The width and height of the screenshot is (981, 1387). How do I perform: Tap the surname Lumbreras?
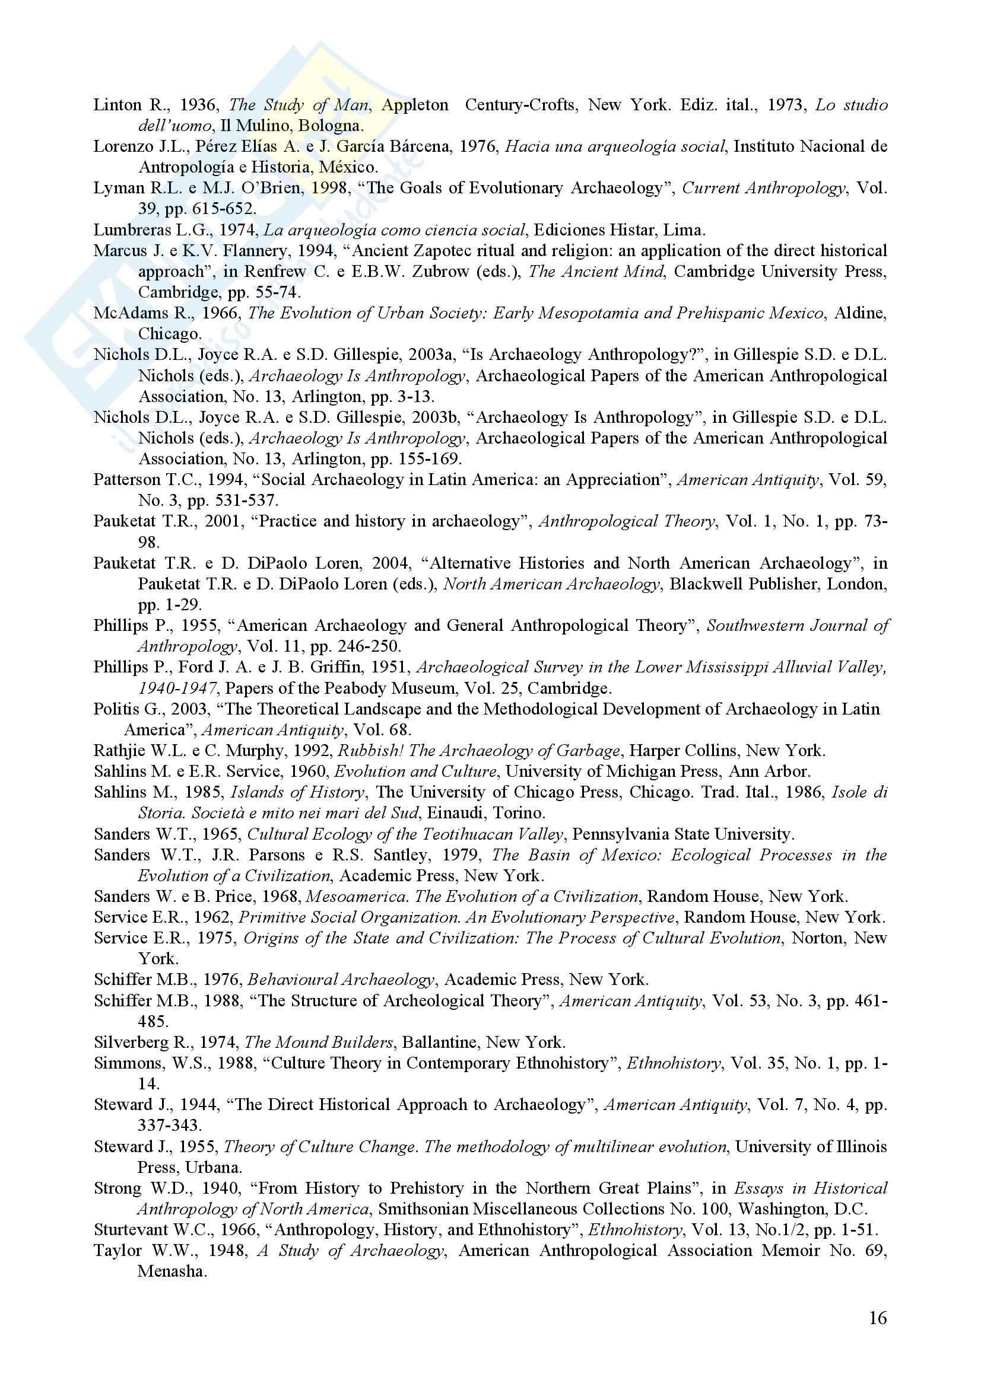(132, 230)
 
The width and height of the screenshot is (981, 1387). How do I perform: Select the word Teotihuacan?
(473, 834)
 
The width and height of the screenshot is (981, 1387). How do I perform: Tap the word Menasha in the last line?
(172, 1271)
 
